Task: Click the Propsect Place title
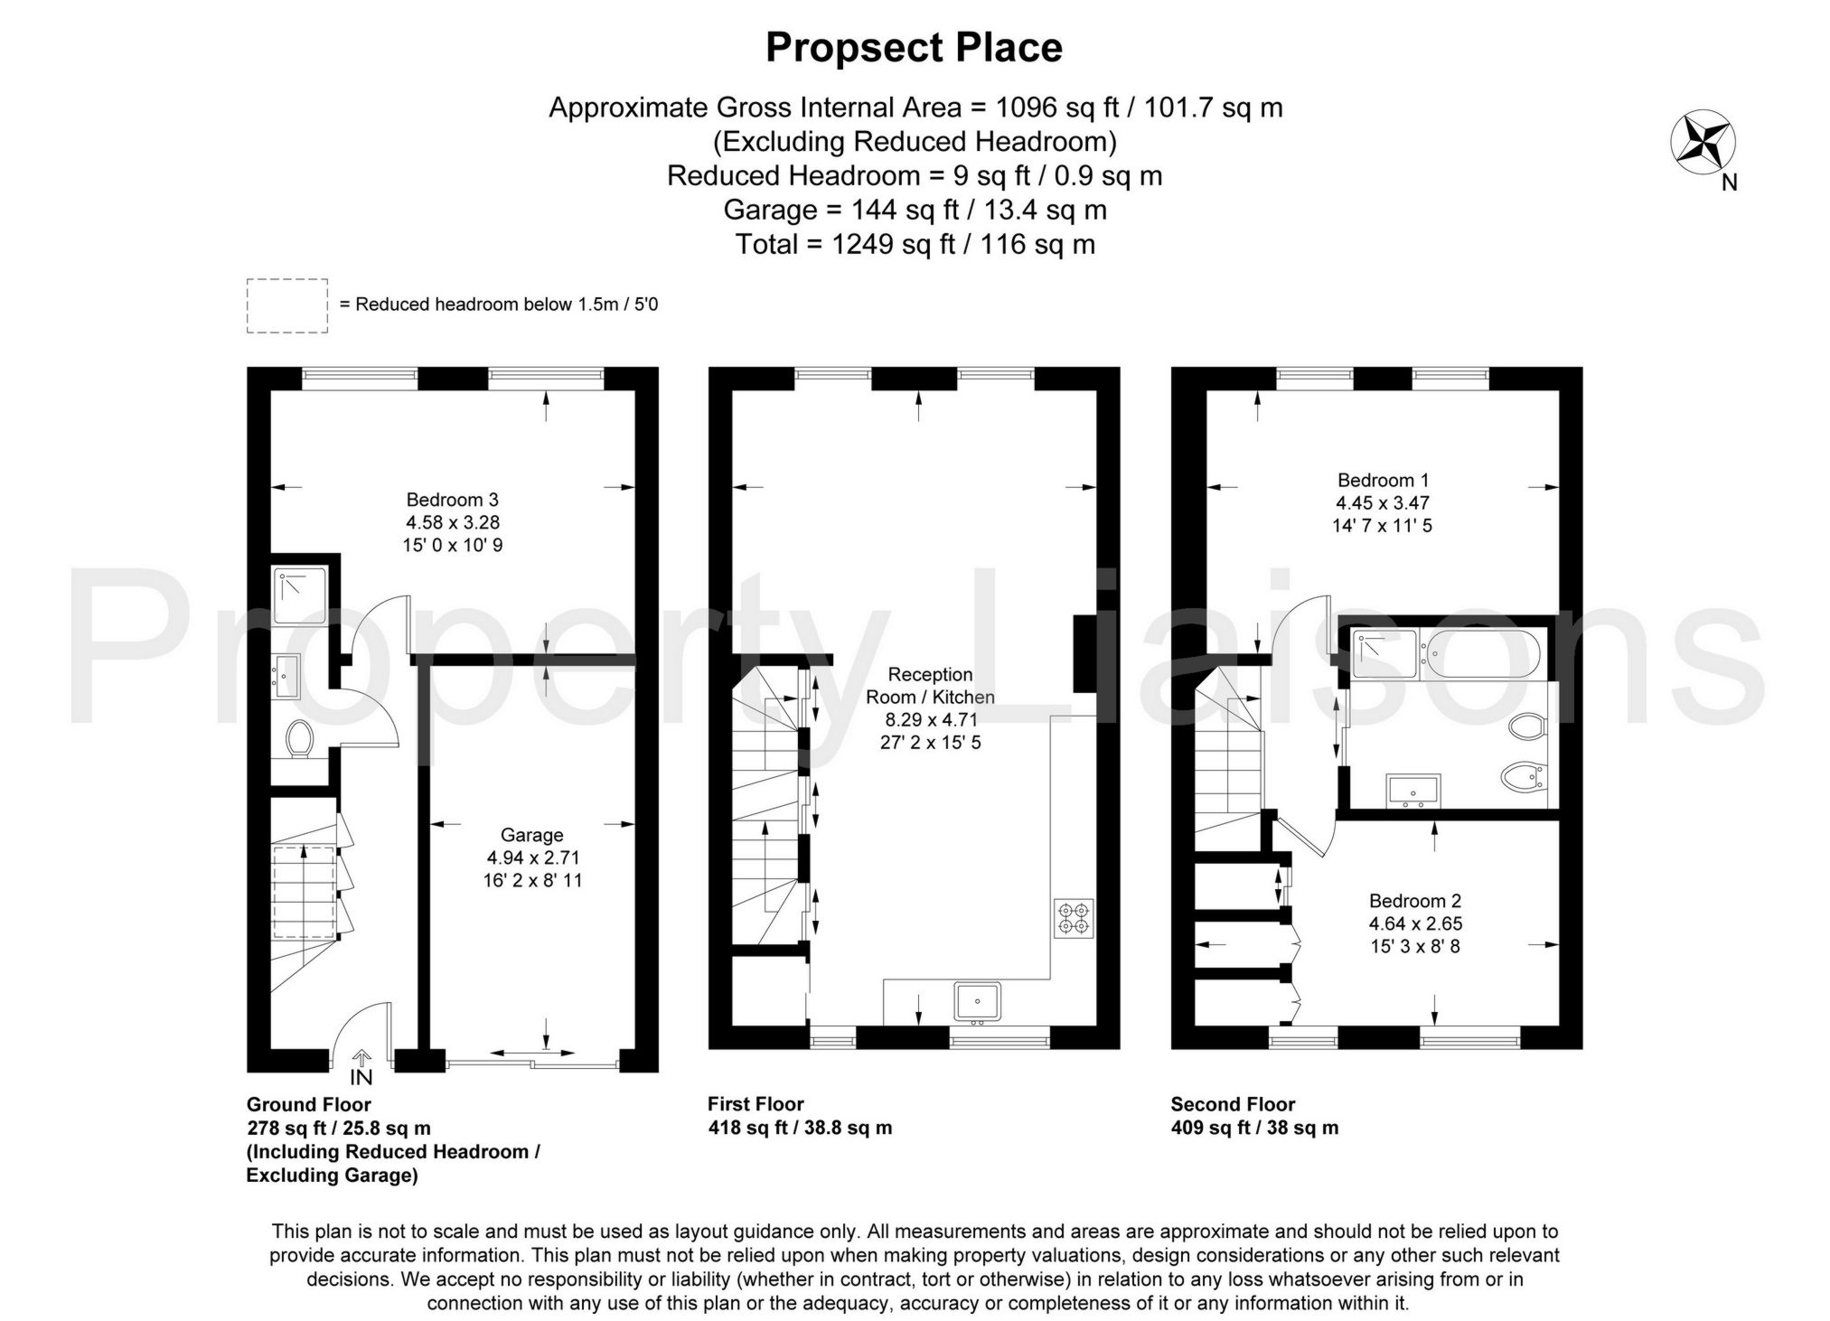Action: pos(914,48)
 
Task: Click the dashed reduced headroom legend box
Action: pos(286,305)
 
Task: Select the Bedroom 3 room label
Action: pos(452,500)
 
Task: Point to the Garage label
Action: pos(531,836)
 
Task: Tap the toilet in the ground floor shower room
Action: pos(298,739)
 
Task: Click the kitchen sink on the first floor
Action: pos(976,1001)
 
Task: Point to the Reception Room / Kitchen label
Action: pos(930,685)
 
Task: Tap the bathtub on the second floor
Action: pos(1481,655)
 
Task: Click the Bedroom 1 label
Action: pos(1383,480)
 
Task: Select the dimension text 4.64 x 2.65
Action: pos(1415,924)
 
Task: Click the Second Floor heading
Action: pos(1233,1104)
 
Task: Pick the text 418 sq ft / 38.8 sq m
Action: pos(799,1128)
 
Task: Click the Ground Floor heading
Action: pos(308,1104)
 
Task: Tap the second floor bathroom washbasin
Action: pos(1412,790)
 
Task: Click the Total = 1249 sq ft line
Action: pos(915,245)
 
